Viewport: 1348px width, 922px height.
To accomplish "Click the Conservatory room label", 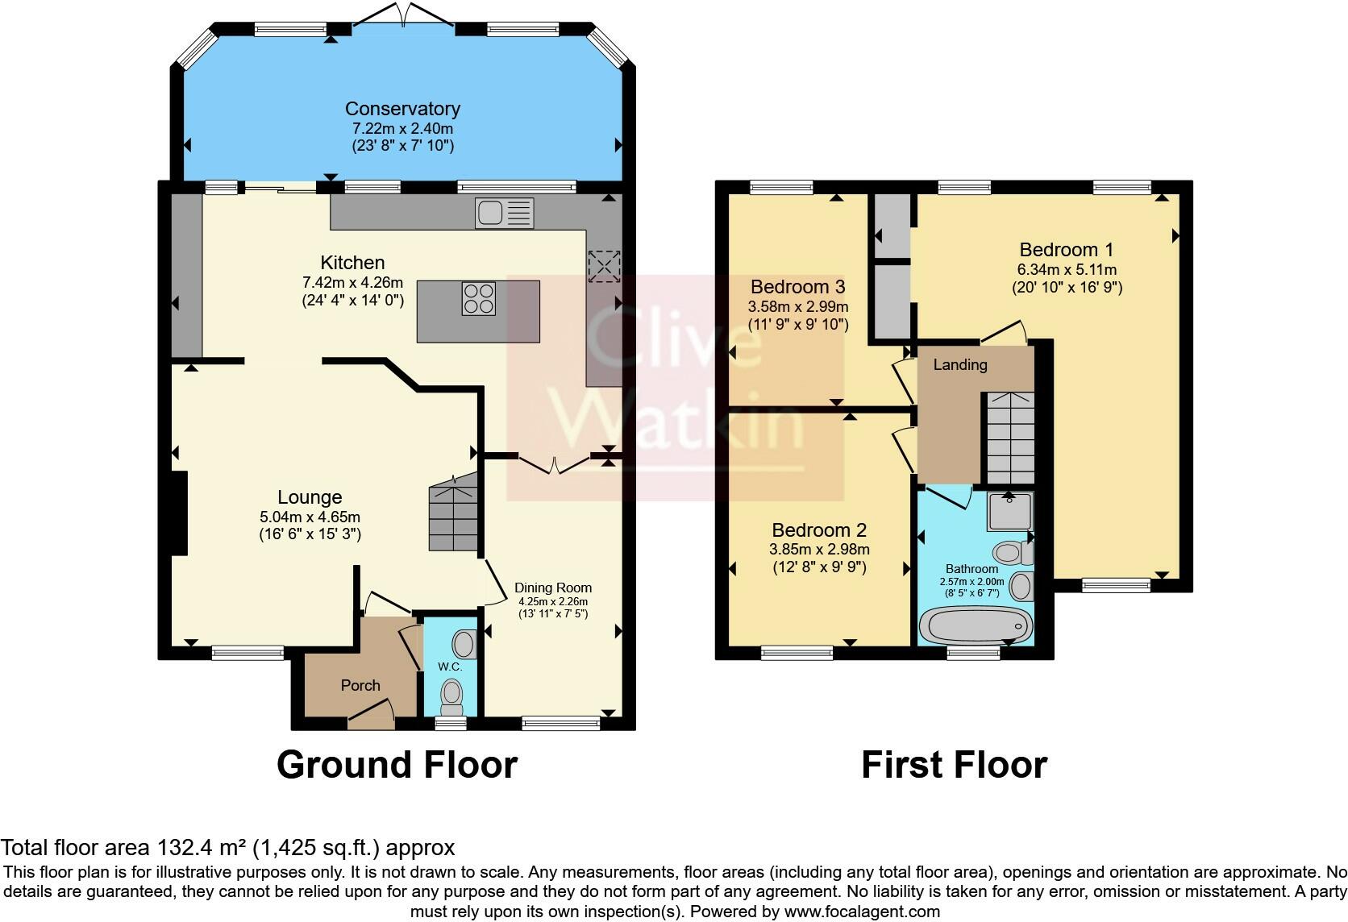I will click(402, 109).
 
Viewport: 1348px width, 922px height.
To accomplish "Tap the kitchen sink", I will click(504, 213).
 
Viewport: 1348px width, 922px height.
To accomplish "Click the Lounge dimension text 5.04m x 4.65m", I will click(310, 517).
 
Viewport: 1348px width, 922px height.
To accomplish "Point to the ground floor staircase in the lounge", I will click(453, 516).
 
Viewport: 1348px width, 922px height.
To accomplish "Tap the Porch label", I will click(360, 685).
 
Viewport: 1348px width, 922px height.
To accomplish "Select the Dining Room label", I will click(553, 588).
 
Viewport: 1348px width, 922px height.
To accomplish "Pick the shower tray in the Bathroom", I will click(1009, 511).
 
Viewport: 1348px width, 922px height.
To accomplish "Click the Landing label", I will click(959, 365).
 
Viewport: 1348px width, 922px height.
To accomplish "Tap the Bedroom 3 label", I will click(797, 287).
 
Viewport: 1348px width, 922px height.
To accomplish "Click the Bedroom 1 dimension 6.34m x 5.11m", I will click(1067, 269).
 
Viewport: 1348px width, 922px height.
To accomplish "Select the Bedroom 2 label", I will click(818, 530).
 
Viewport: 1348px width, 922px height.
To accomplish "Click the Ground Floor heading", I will click(397, 764).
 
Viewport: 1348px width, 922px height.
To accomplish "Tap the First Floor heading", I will click(954, 764).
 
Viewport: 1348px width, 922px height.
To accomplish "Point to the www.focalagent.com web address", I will click(862, 912).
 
